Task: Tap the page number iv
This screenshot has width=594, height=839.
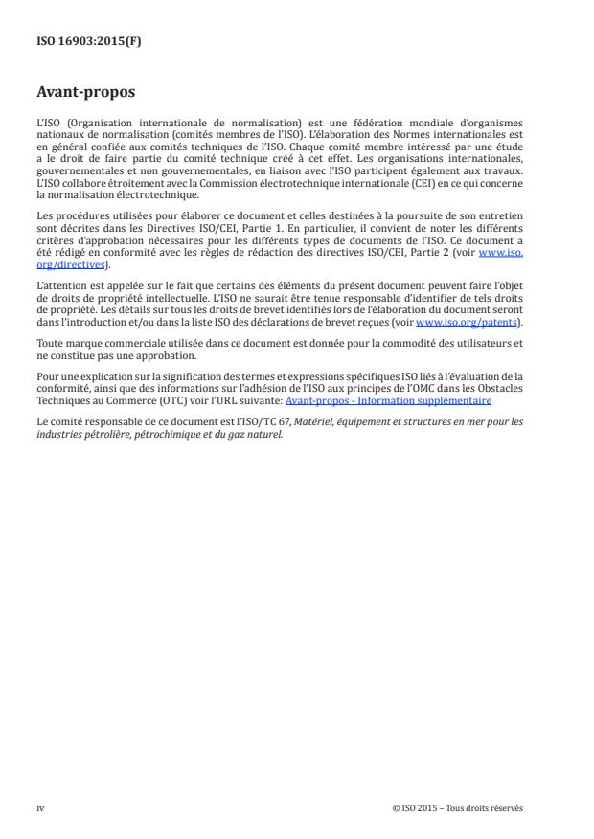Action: tap(39, 806)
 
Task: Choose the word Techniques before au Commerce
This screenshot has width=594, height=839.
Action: tap(61, 400)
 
